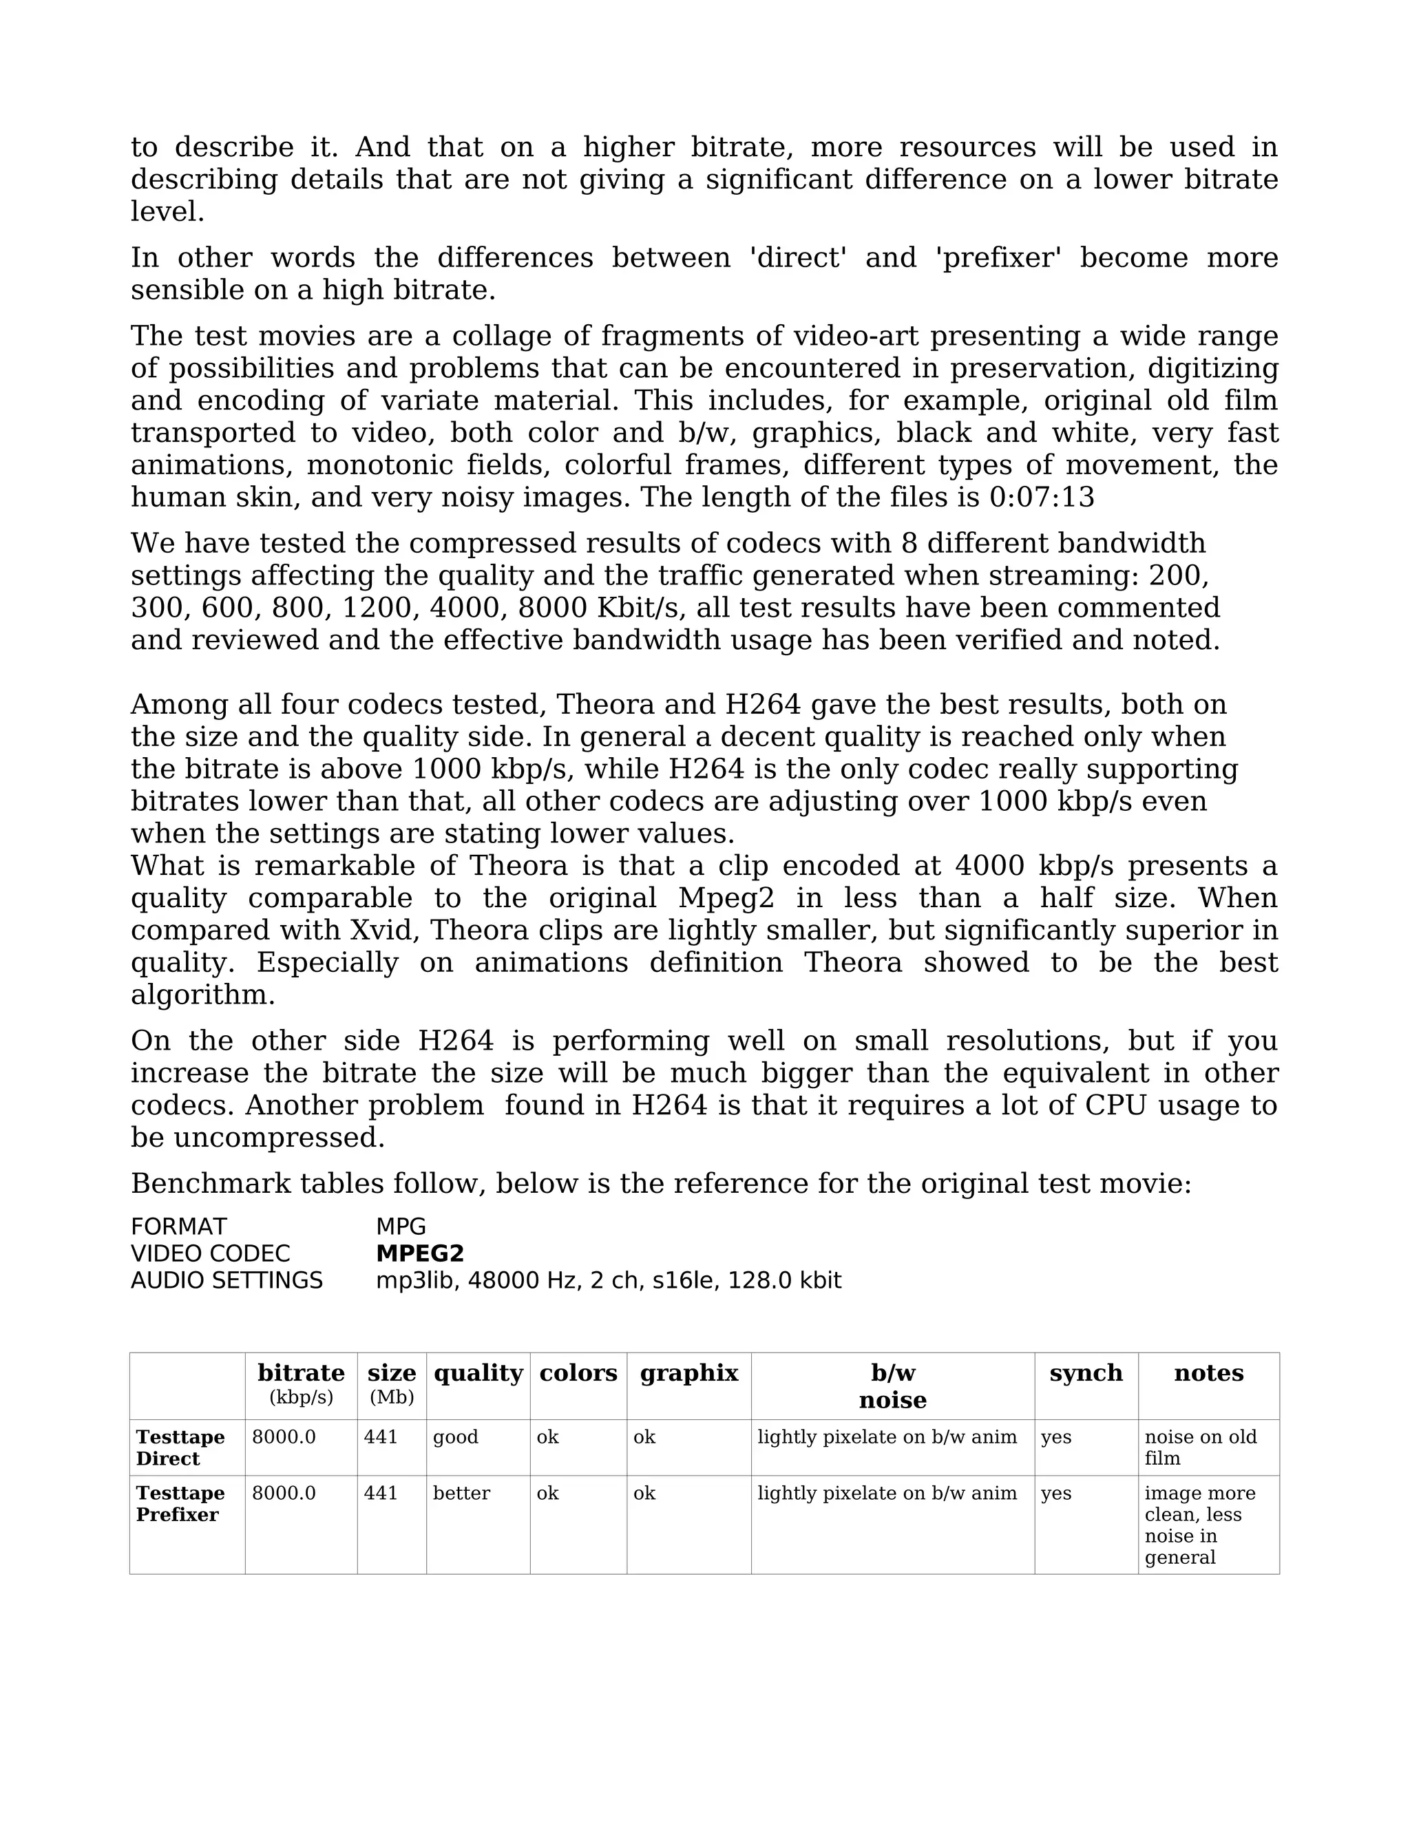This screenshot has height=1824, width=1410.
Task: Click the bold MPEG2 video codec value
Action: point(419,1253)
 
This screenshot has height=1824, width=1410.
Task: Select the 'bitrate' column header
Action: point(301,1373)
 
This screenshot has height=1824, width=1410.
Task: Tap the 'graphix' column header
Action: point(689,1373)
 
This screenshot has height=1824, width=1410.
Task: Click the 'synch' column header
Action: point(1086,1373)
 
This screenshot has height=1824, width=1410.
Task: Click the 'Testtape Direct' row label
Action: point(180,1447)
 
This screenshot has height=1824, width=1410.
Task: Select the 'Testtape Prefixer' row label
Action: point(180,1503)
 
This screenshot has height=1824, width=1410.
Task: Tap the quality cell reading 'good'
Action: point(455,1437)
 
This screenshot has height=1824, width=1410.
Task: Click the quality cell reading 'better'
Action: point(461,1494)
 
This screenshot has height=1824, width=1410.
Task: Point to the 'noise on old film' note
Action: point(1199,1447)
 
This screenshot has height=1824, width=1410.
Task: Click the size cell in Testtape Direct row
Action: point(381,1437)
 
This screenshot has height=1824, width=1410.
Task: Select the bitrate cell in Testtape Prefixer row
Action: point(284,1494)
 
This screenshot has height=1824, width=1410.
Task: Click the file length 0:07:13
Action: point(1042,498)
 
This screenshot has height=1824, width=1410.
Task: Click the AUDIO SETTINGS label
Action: point(227,1280)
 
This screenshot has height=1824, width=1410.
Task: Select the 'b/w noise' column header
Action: point(892,1386)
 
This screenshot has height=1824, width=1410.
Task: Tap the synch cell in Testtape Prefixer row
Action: point(1056,1494)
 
